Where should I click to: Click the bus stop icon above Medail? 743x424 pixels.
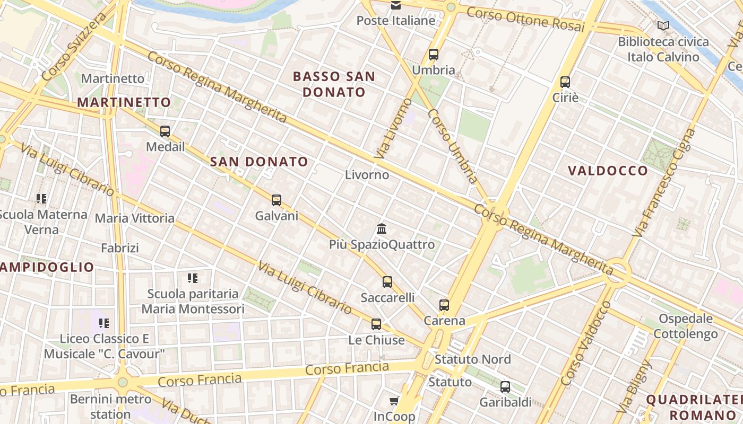coord(165,131)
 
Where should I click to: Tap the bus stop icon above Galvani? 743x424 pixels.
coord(277,200)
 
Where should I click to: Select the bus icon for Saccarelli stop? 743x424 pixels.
coord(387,282)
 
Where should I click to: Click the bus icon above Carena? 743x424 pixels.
coord(444,305)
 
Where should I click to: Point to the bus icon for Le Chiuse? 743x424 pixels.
coord(376,324)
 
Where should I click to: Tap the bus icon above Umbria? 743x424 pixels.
coord(434,54)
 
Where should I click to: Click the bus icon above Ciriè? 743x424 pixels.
coord(565,82)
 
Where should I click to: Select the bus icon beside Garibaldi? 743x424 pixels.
coord(505,387)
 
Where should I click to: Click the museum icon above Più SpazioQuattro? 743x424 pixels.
coord(382,229)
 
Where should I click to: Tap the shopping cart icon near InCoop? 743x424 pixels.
coord(394,401)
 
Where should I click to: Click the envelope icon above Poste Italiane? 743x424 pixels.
coord(396,5)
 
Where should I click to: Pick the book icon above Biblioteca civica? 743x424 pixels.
coord(663,25)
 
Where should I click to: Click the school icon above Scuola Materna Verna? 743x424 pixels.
coord(41,199)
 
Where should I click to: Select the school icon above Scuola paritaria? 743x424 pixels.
coord(193,278)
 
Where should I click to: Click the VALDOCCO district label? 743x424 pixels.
coord(608,171)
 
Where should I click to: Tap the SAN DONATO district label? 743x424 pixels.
coord(259,162)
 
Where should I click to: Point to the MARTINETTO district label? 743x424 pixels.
coord(125,102)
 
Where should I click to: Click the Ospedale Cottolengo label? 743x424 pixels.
coord(685,326)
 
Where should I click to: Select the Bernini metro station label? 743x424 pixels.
coord(110,406)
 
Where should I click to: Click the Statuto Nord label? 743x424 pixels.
coord(472,359)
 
